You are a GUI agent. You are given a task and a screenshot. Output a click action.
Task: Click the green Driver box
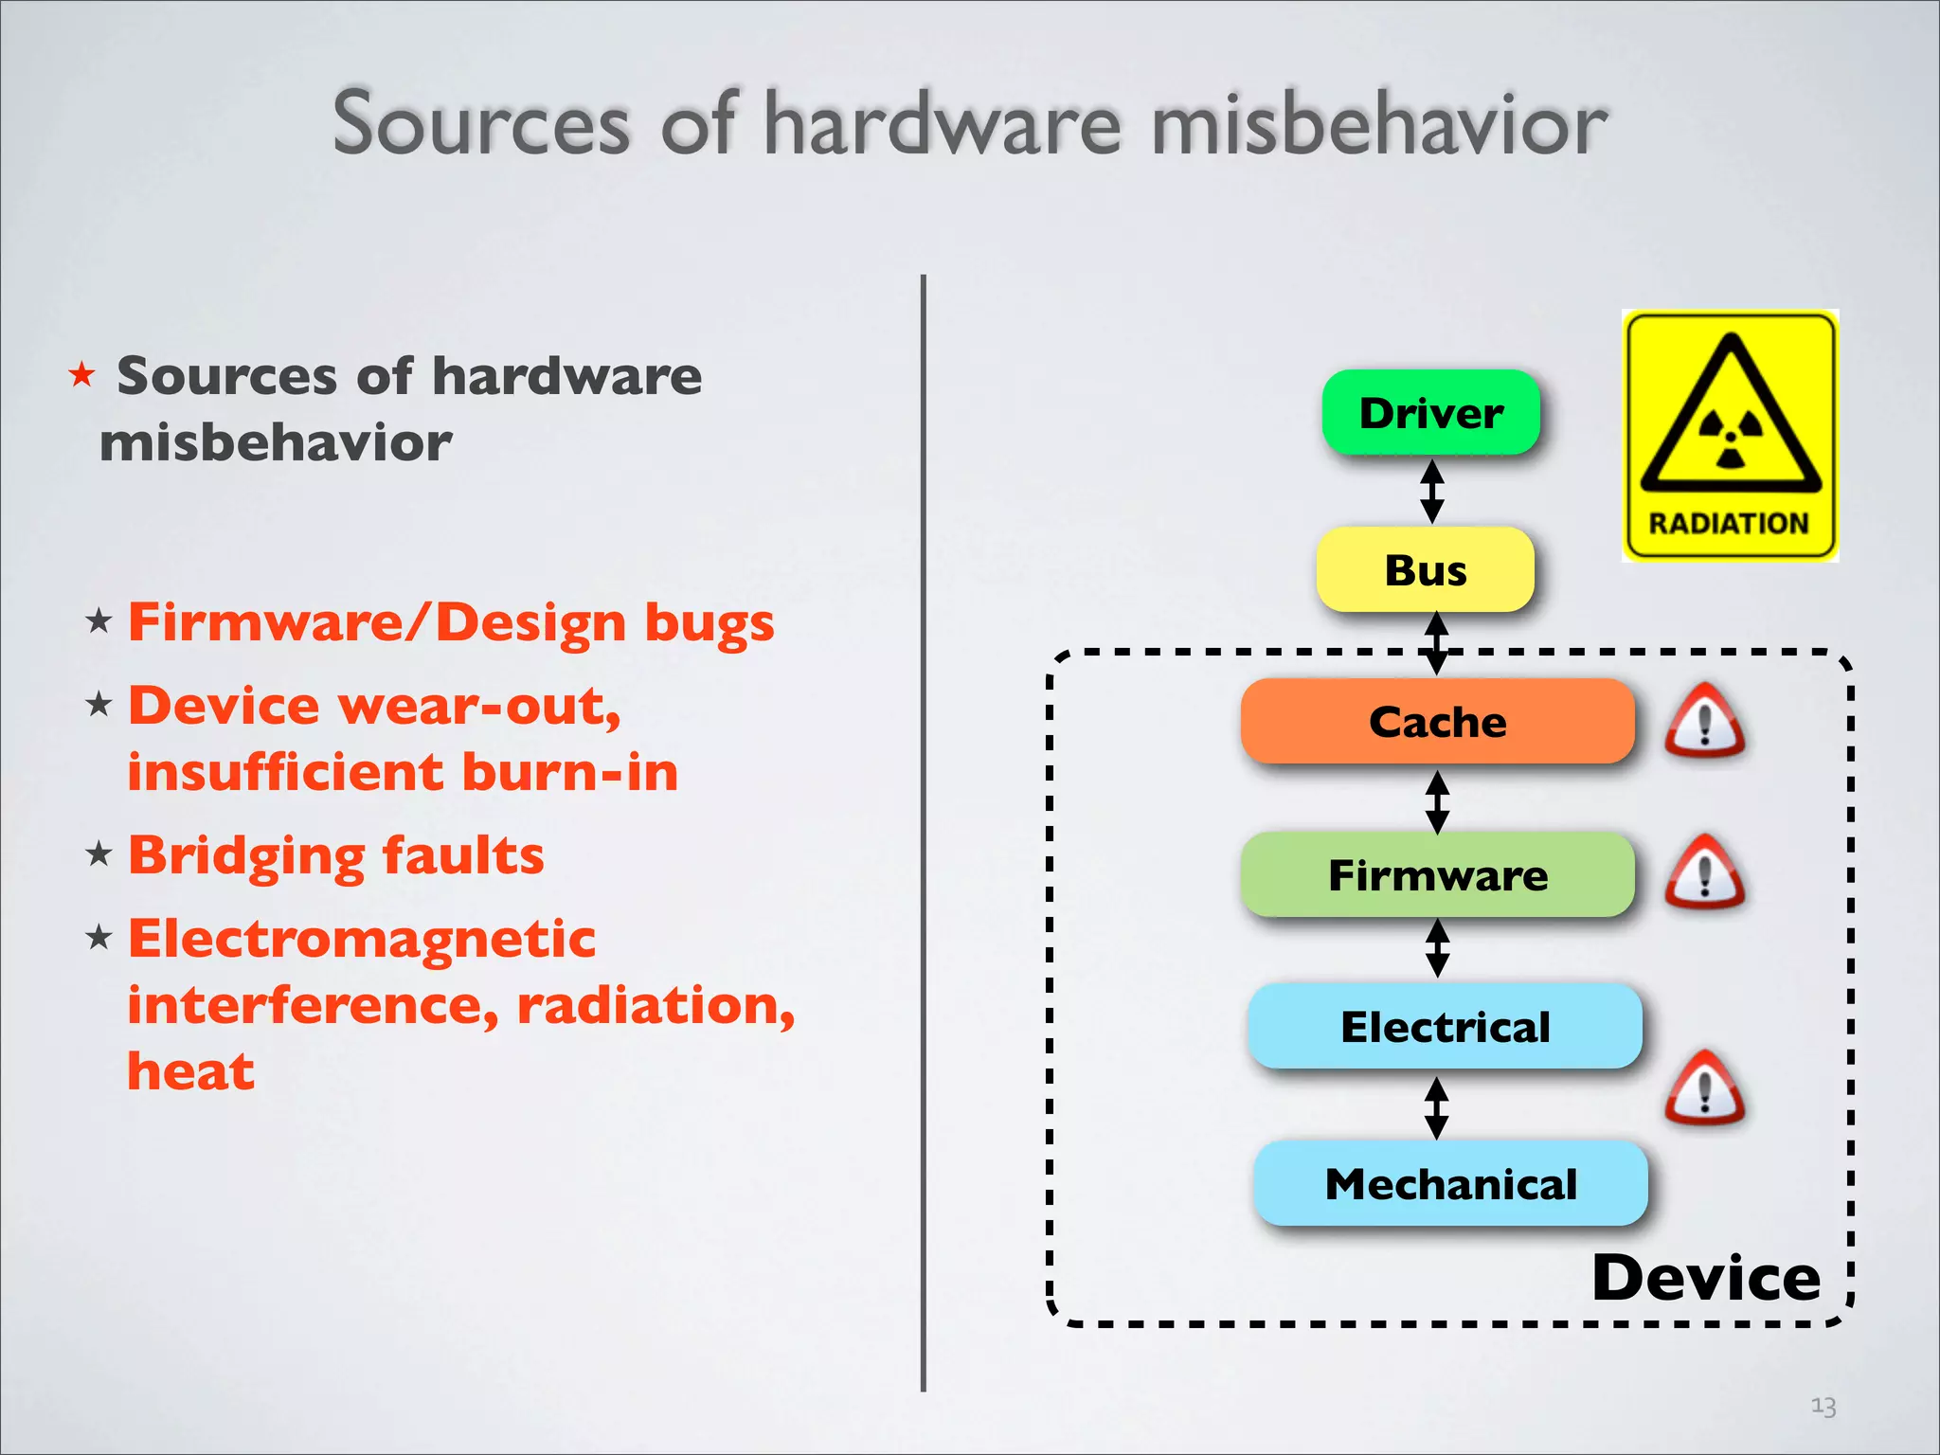pos(1430,413)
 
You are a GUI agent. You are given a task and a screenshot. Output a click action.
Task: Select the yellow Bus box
pos(1425,570)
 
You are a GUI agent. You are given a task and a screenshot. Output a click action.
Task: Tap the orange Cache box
pos(1437,722)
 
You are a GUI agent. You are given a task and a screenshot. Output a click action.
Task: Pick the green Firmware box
pos(1437,874)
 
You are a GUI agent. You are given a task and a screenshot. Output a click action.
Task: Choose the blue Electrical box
pos(1445,1027)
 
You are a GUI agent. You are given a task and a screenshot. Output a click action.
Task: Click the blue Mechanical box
pos(1450,1184)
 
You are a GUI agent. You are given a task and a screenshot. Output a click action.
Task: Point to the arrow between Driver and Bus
pos(1432,491)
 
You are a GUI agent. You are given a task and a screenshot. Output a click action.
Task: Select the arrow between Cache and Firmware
pos(1438,801)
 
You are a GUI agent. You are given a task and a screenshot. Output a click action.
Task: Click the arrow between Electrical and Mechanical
pos(1437,1107)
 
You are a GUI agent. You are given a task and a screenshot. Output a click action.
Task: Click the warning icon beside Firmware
pos(1704,874)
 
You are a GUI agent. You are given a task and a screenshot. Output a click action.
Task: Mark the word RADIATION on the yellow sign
pos(1729,523)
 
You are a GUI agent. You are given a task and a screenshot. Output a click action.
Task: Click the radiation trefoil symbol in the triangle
pos(1731,439)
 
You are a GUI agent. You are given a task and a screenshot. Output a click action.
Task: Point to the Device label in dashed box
pos(1705,1277)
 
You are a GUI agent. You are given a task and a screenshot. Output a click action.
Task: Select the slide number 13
pos(1823,1406)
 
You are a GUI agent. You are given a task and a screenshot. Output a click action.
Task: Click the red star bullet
pos(82,375)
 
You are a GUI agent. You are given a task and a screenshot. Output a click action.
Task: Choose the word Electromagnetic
pos(362,939)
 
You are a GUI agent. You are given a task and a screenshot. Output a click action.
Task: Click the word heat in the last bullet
pos(190,1071)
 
